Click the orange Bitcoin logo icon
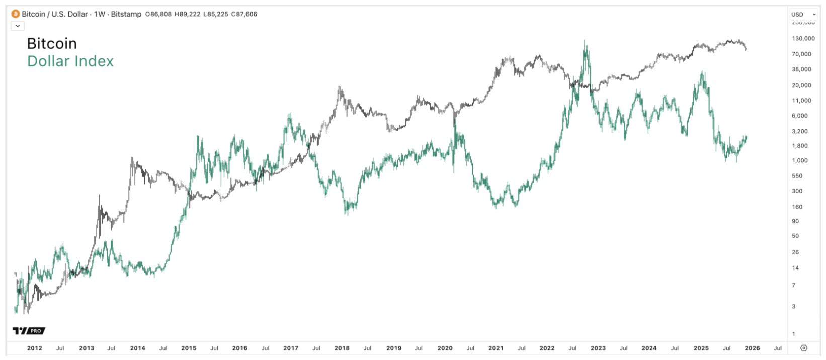click(16, 14)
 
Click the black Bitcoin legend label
click(52, 44)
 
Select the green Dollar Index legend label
click(70, 61)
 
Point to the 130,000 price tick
click(803, 39)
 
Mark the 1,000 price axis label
click(800, 161)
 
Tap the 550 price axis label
click(797, 176)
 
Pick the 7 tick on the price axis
click(794, 286)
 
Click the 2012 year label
click(34, 348)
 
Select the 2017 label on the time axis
click(291, 348)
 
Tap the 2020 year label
click(445, 348)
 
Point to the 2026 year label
click(752, 348)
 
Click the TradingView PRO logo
click(29, 331)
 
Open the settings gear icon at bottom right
click(803, 348)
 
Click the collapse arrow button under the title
click(18, 26)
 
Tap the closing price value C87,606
click(244, 14)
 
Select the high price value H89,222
click(187, 14)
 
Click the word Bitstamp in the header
click(126, 14)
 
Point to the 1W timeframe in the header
click(99, 14)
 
